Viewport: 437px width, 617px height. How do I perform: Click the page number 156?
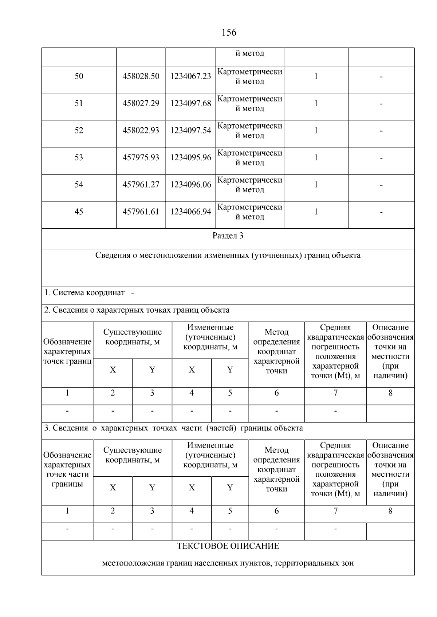(229, 32)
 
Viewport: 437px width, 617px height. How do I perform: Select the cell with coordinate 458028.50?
(141, 76)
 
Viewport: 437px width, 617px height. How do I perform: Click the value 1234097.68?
(190, 104)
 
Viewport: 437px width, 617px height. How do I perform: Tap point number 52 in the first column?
(79, 131)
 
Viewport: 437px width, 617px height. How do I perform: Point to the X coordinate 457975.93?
(141, 158)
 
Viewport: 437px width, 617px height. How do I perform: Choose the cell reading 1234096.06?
(190, 185)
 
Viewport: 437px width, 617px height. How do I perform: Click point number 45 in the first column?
(79, 212)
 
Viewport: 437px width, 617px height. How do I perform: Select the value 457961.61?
(141, 212)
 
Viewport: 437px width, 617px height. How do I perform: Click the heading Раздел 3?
(228, 236)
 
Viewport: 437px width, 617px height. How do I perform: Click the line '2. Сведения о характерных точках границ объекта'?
(137, 310)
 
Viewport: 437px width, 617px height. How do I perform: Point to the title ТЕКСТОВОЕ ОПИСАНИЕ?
(228, 546)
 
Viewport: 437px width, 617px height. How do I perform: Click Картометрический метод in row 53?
(250, 158)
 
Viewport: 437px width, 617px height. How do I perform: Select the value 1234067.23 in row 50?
(190, 76)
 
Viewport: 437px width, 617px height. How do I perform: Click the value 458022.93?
(141, 131)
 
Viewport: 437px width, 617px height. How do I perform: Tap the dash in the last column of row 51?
(381, 104)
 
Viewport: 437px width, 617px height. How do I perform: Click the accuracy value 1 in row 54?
(316, 185)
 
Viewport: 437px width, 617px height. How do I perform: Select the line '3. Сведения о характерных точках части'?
(173, 428)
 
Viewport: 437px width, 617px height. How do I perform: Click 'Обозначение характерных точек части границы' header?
(67, 469)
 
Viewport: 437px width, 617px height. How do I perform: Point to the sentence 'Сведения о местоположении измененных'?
(228, 255)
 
